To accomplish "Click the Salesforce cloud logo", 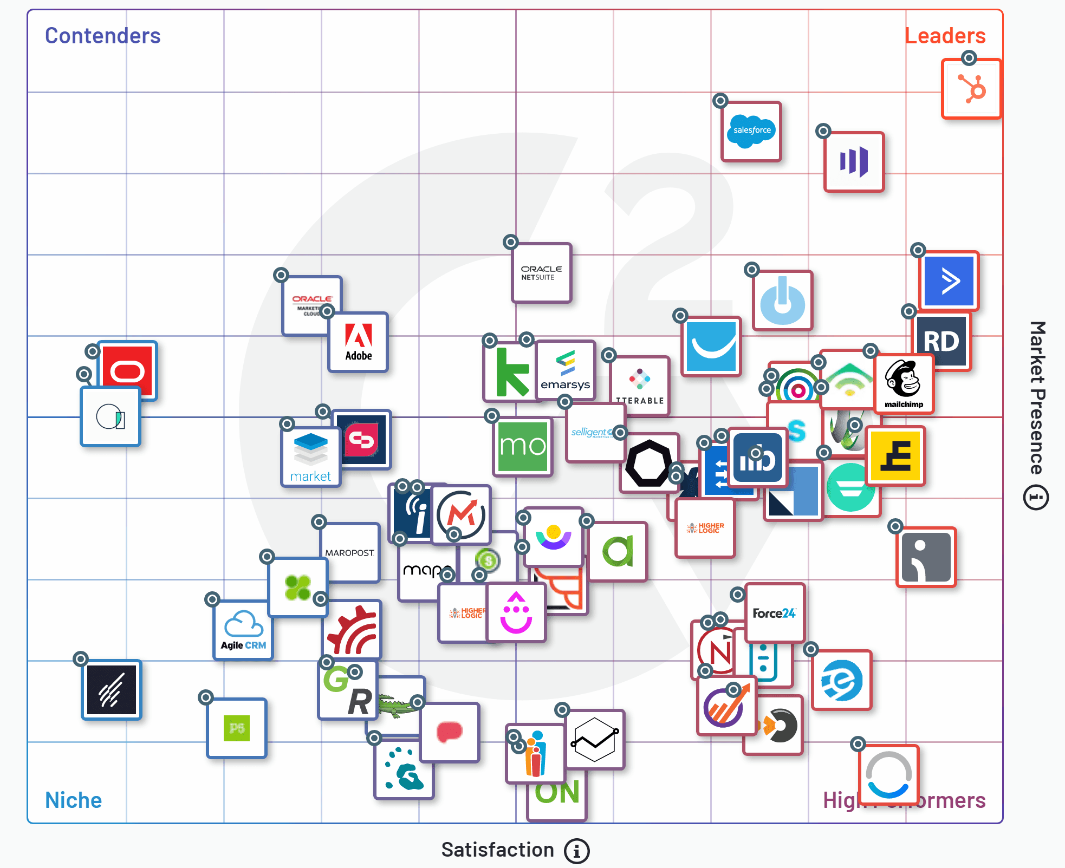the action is pos(751,131).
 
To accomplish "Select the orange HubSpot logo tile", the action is pos(971,89).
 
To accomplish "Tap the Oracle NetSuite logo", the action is pos(541,273).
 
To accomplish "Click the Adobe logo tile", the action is pos(359,342).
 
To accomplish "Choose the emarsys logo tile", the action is pos(566,370).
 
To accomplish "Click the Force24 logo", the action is pos(774,613).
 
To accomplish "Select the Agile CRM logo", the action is pos(243,630).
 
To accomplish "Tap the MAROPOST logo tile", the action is pos(350,552).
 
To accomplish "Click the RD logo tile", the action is pos(941,342).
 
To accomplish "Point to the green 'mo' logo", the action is pos(523,446).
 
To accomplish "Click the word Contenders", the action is pos(103,36).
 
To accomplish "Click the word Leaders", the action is pos(945,36).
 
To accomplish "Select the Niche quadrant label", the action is pos(73,800).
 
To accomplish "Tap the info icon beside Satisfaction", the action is pos(576,851).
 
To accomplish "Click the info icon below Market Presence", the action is pos(1036,498).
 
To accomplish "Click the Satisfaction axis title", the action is pos(497,850).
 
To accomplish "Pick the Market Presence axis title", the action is pos(1037,398).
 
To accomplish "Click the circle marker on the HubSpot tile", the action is pos(969,58).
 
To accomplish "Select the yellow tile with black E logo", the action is pos(895,456).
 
